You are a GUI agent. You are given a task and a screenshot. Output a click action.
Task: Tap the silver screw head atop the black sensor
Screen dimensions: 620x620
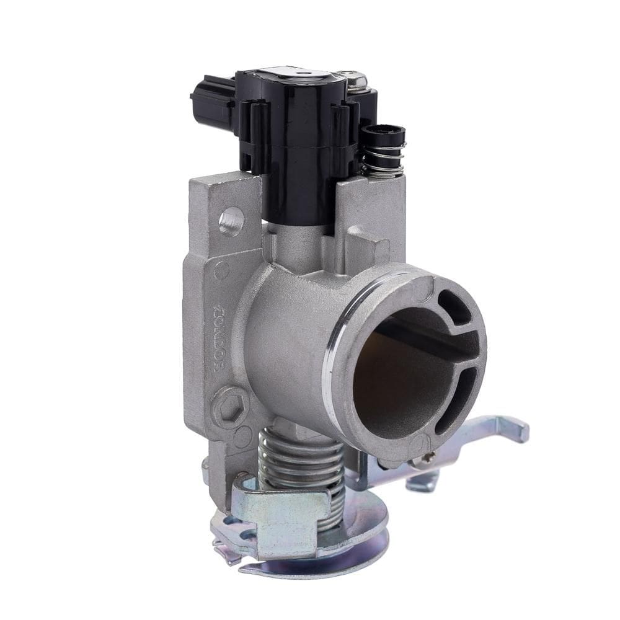tap(357, 79)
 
